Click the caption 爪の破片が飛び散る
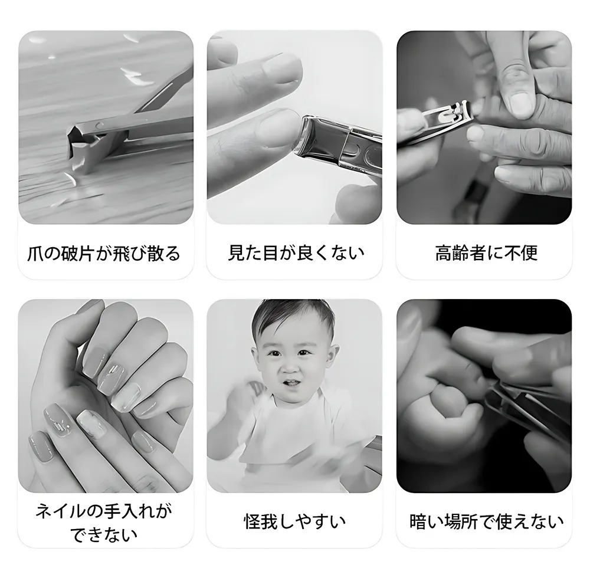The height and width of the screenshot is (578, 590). (104, 252)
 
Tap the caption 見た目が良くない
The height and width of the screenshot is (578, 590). (296, 252)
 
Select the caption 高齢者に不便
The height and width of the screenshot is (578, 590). (486, 252)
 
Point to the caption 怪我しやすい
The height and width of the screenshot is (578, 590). (294, 521)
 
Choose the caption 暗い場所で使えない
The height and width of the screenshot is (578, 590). (487, 521)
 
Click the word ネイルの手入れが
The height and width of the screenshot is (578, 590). (104, 511)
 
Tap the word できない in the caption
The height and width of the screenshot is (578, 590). (104, 534)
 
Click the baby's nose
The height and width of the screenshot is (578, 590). (290, 367)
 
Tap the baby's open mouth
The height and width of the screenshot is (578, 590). (291, 383)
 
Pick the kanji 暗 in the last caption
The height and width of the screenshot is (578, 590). (418, 521)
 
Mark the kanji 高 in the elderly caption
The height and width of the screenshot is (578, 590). (444, 253)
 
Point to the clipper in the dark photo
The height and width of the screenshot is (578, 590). (527, 410)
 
